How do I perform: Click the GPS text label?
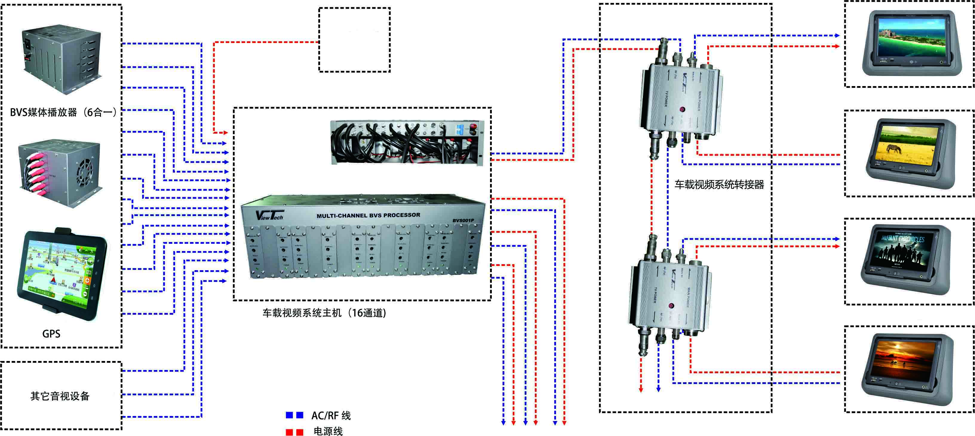pos(51,334)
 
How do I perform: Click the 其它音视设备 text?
pos(60,396)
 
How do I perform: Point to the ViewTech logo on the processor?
pos(269,215)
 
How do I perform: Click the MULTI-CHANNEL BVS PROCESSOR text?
pos(368,215)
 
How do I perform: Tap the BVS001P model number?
pos(463,221)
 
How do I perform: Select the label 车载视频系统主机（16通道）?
pos(324,313)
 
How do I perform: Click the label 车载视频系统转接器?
pos(719,184)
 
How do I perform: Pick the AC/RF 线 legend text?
pos(331,416)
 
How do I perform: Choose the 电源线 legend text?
pos(328,431)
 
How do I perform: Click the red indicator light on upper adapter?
pos(682,109)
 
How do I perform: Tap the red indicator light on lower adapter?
pos(671,305)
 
